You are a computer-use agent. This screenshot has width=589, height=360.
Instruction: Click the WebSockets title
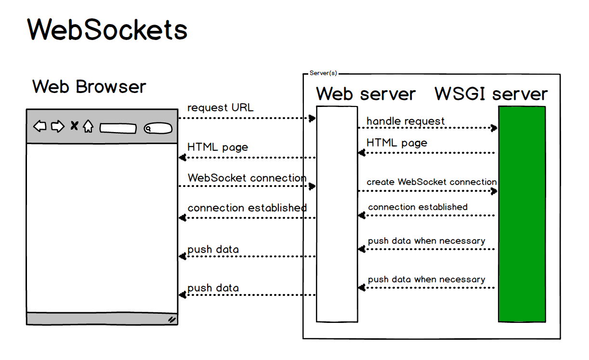(x=107, y=30)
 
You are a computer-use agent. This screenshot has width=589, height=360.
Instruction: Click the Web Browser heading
(x=89, y=87)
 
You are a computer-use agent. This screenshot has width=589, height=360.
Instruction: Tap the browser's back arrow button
(x=40, y=127)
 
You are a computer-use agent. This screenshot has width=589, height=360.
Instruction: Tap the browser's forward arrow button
(x=57, y=127)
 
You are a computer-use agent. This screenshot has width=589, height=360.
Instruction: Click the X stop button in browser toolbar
(x=74, y=126)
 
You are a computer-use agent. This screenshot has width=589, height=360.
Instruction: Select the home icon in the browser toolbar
(x=88, y=127)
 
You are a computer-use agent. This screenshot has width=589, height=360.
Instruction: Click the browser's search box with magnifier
(x=158, y=129)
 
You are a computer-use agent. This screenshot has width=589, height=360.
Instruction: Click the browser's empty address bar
(x=118, y=129)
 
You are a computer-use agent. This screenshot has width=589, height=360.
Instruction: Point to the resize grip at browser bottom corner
(x=171, y=319)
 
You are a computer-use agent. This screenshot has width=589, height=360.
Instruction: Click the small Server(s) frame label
(x=323, y=73)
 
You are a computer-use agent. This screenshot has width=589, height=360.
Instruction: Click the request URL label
(x=220, y=108)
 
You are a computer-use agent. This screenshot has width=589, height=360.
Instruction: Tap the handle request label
(x=406, y=121)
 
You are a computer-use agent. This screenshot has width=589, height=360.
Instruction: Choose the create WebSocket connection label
(x=432, y=182)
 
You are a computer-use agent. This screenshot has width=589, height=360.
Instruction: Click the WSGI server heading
(x=491, y=94)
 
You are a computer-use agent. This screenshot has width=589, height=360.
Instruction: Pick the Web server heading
(x=366, y=94)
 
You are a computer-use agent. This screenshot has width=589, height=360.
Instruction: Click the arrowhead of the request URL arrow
(x=313, y=118)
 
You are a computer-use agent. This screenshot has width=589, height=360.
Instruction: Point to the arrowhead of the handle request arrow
(x=494, y=128)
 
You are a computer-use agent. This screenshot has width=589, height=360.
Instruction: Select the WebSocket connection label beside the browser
(x=247, y=178)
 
